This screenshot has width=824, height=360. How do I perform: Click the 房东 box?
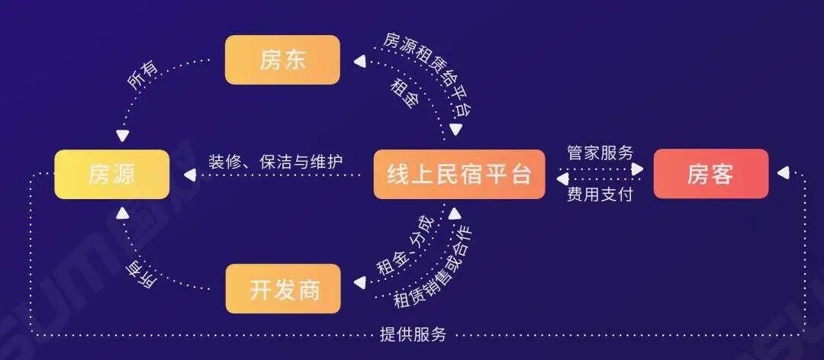coord(282,59)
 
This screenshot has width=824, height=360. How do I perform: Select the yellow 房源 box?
coord(111,175)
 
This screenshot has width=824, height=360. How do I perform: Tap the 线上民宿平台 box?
coord(459,175)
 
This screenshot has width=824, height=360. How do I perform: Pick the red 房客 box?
coord(710,175)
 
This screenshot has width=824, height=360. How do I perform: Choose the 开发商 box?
coord(283,288)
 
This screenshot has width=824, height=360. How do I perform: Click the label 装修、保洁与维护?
coord(276,162)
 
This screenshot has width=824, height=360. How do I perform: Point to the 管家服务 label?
coord(600,153)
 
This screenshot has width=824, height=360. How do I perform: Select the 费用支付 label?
coord(600,195)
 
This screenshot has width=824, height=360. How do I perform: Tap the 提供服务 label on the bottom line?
coord(413,334)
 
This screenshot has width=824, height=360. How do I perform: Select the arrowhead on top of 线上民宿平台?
coord(455,137)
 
